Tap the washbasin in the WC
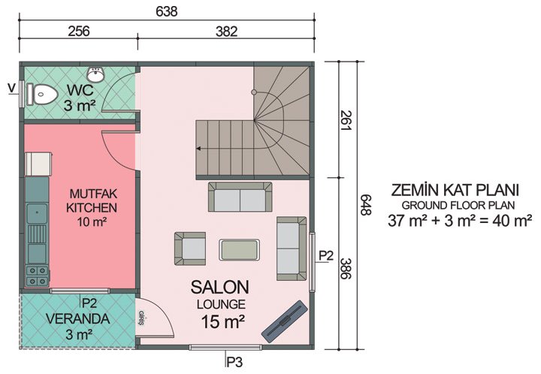pos(96,74)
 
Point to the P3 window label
pos(234,363)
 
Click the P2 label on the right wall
pos(325,256)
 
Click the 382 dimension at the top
pos(226,32)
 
